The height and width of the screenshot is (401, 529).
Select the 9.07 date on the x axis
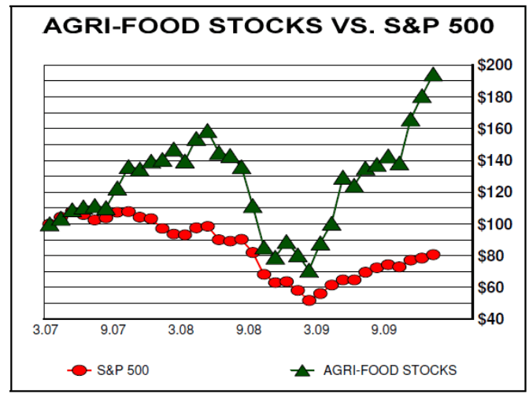114,330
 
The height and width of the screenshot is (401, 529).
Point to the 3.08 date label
182,330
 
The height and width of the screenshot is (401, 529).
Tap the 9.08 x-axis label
249,330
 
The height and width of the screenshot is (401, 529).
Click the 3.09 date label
316,330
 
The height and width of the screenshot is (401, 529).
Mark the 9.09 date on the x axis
384,330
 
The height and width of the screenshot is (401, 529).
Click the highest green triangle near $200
433,75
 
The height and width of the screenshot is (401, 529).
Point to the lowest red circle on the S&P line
309,300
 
